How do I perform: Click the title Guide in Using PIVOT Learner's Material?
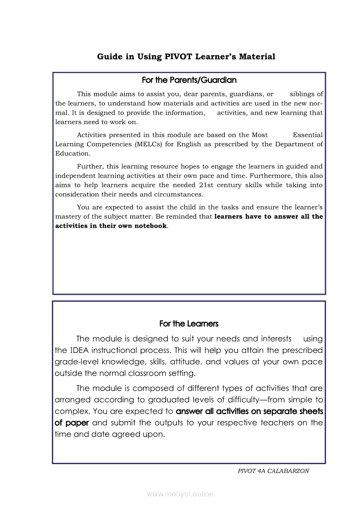pyautogui.click(x=186, y=57)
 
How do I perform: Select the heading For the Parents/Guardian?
pyautogui.click(x=189, y=80)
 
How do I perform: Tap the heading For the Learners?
pyautogui.click(x=189, y=324)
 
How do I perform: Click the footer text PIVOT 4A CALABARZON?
pyautogui.click(x=274, y=471)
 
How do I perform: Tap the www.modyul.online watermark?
pyautogui.click(x=180, y=494)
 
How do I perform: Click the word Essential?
pyautogui.click(x=308, y=135)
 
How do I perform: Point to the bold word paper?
pyautogui.click(x=78, y=423)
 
